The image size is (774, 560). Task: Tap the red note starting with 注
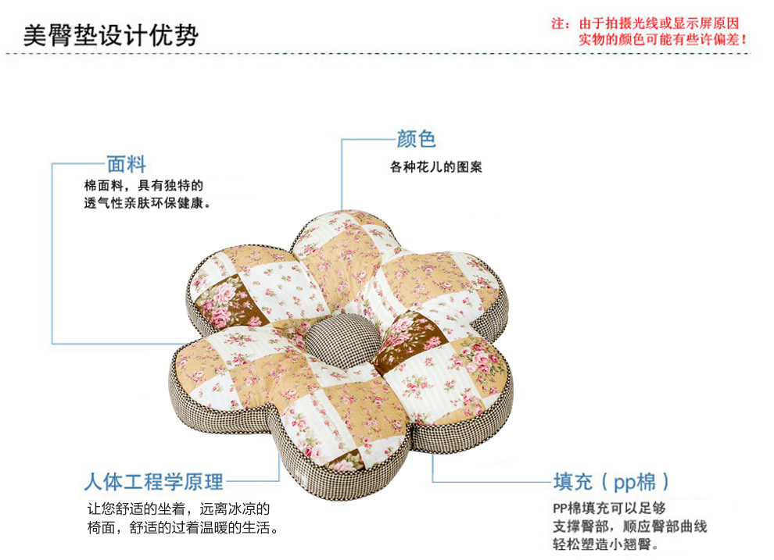coord(645,23)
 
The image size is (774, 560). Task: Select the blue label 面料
coord(126,164)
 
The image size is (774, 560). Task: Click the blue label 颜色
coord(416,139)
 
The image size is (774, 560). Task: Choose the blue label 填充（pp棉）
coord(611,481)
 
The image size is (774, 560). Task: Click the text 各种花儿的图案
coord(436,167)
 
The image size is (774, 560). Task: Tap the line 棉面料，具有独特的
coord(143,186)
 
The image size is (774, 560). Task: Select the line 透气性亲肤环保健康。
coord(149,203)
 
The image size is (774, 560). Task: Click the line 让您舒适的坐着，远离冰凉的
coord(177,508)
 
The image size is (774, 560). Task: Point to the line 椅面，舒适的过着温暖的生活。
coord(183,528)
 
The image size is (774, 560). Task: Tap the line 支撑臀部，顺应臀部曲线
coord(629,526)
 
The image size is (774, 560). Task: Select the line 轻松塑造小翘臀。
coord(605,544)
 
